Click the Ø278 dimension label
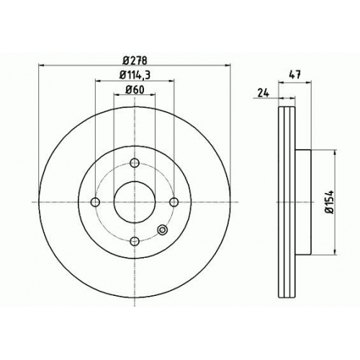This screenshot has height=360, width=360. (135, 60)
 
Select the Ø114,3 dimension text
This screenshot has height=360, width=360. (135, 75)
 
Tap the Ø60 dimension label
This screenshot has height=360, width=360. (135, 90)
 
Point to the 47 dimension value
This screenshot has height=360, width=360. (295, 75)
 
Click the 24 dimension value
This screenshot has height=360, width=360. (264, 92)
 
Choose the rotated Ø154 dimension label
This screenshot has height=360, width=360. (329, 202)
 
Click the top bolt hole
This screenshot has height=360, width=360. (135, 163)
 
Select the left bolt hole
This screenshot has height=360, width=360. (95, 202)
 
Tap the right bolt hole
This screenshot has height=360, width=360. (174, 202)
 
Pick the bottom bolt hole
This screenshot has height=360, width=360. (135, 241)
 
